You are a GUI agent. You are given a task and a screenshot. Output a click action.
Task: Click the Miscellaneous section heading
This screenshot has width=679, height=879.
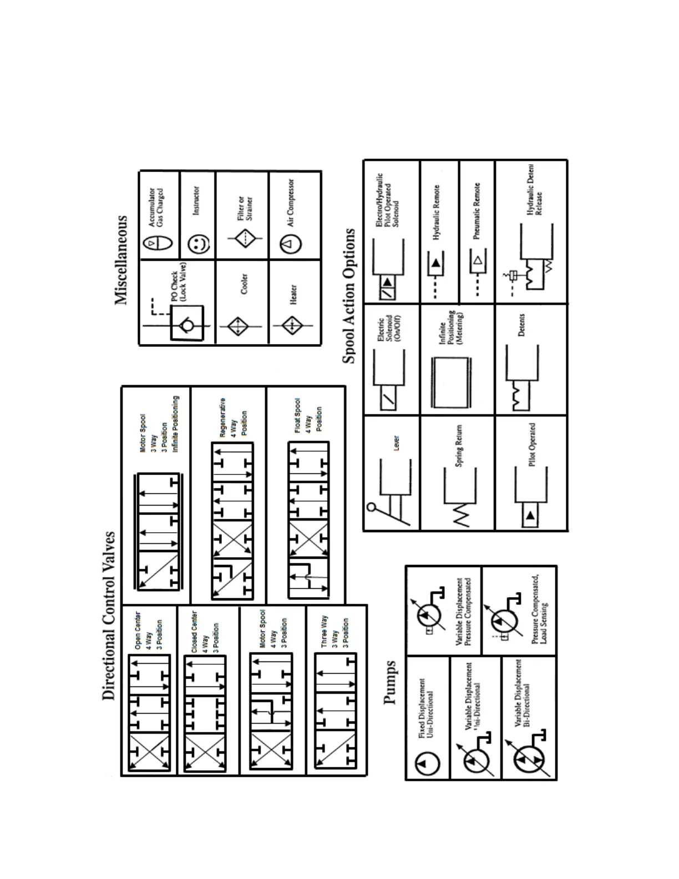pyautogui.click(x=121, y=260)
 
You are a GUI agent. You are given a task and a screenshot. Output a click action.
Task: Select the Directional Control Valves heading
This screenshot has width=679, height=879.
pyautogui.click(x=109, y=615)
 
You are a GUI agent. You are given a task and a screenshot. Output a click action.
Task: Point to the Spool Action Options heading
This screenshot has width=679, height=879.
pyautogui.click(x=349, y=296)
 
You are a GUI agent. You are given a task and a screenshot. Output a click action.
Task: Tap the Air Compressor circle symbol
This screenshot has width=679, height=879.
pyautogui.click(x=292, y=243)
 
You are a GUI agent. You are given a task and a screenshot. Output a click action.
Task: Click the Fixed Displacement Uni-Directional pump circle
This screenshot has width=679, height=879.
pyautogui.click(x=428, y=764)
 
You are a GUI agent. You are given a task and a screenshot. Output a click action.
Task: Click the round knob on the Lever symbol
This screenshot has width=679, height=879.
pyautogui.click(x=372, y=507)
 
